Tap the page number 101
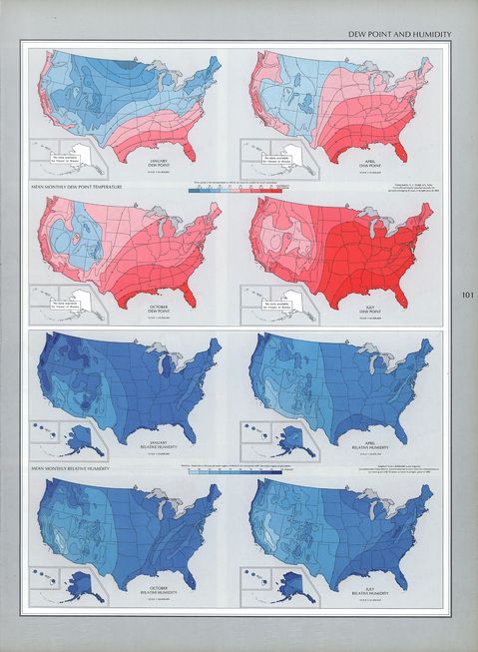(469, 296)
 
